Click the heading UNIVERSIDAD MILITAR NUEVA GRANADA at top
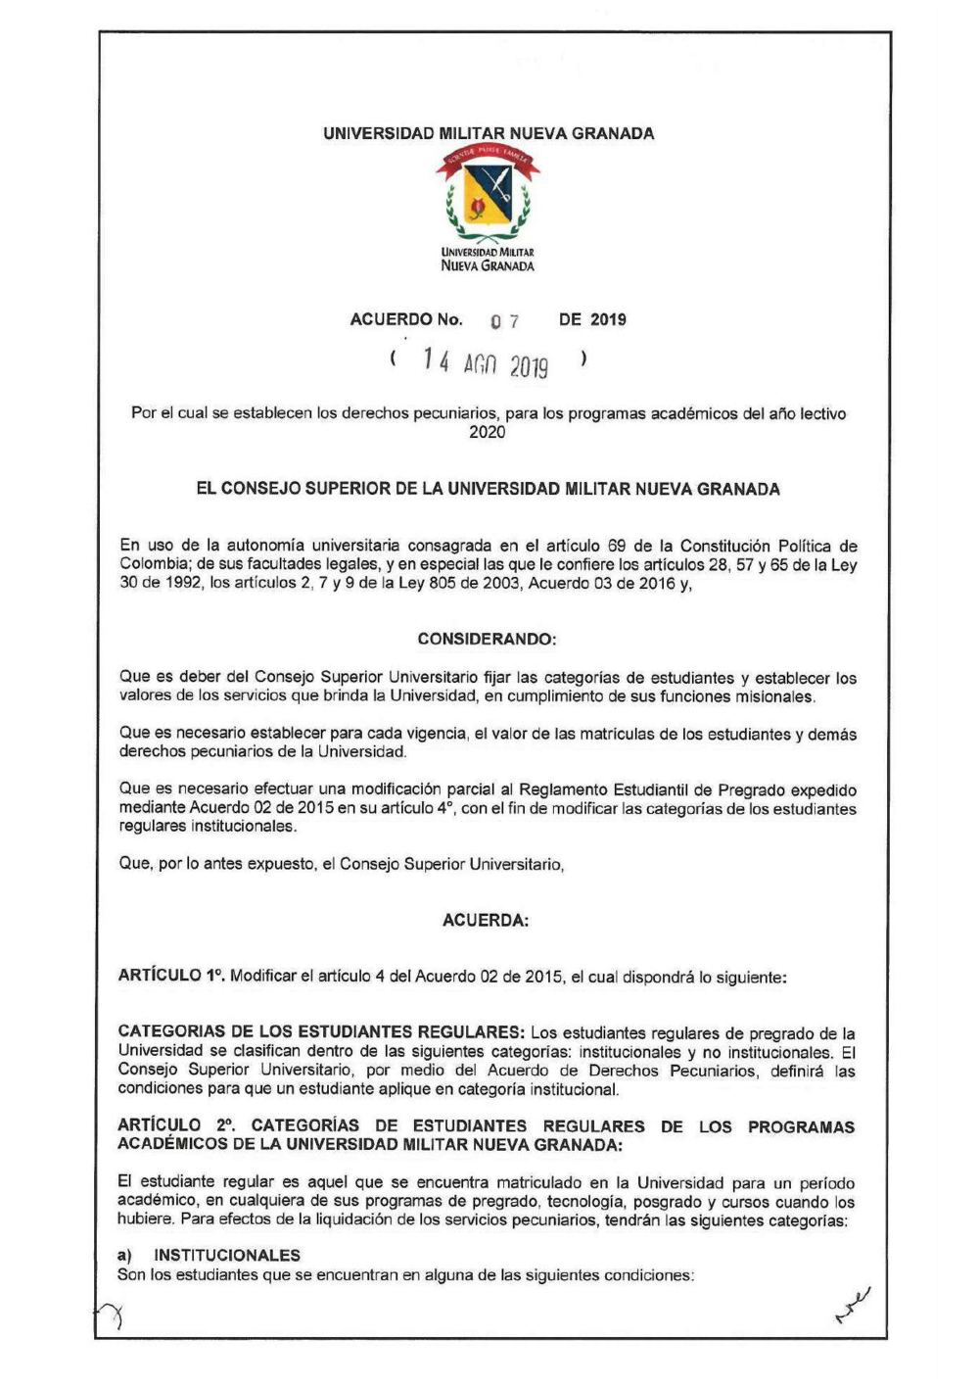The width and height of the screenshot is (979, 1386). coord(489,133)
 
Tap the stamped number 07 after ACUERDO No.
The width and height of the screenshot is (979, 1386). coord(505,321)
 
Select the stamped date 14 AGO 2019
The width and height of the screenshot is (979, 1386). coord(486,364)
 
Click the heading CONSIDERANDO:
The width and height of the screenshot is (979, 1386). coord(487,639)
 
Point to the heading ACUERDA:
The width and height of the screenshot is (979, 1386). coord(486,921)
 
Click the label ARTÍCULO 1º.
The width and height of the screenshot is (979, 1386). coord(171,976)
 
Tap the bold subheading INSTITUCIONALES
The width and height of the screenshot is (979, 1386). coord(227,1256)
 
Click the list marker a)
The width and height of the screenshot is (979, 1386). coord(124,1256)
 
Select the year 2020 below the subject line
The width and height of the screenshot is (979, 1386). coord(488,432)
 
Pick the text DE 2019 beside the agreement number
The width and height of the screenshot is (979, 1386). coord(592,319)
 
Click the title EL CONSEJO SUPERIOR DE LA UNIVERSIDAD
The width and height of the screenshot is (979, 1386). coord(488,489)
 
